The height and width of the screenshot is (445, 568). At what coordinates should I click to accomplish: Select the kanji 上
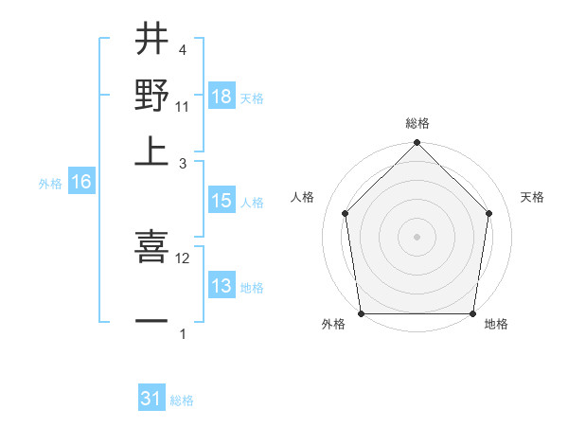[151, 150]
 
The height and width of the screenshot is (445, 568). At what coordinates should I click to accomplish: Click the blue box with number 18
[222, 96]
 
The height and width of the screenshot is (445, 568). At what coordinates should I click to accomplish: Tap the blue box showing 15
[222, 201]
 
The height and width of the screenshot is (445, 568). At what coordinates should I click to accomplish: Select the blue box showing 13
[222, 286]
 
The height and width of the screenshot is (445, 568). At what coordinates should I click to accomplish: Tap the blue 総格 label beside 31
[182, 400]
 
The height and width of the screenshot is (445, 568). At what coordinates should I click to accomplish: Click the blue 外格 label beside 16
[50, 184]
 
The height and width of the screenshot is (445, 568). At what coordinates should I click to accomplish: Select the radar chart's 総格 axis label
[417, 123]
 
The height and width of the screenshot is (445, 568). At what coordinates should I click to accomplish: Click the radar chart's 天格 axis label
[532, 197]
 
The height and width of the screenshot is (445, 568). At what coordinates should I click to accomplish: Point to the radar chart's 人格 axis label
[302, 197]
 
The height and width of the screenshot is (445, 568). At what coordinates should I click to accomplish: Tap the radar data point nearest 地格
[472, 313]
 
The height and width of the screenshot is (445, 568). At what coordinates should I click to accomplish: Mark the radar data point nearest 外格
[361, 313]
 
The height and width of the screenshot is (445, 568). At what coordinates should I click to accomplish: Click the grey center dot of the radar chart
[417, 236]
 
